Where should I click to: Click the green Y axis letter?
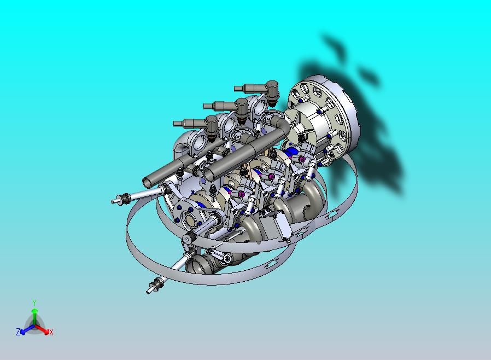(x=34, y=303)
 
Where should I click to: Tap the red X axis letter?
(x=51, y=332)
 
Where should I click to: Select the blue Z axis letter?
(x=18, y=332)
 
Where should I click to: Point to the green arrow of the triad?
(x=34, y=315)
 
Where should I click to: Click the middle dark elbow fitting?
(x=241, y=106)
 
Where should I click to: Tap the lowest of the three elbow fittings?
(x=211, y=124)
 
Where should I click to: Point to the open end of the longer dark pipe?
(x=208, y=175)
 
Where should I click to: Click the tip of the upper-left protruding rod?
(x=115, y=201)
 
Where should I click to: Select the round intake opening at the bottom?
(x=195, y=266)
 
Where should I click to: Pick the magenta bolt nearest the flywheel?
(x=302, y=159)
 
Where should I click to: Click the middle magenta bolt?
(x=272, y=176)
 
